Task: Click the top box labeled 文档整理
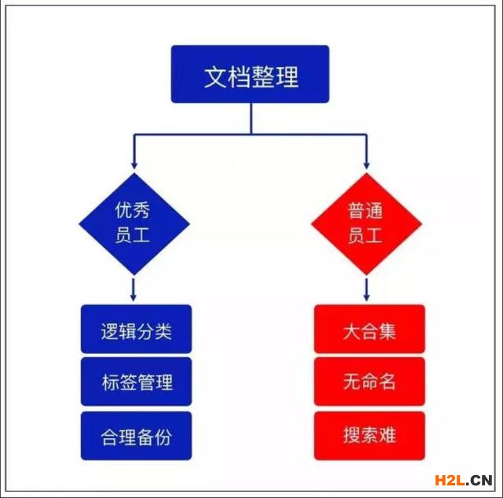click(x=250, y=74)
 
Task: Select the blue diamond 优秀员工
click(x=134, y=223)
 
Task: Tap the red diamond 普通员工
click(x=366, y=223)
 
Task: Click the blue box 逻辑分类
click(x=136, y=329)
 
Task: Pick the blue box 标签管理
click(x=136, y=382)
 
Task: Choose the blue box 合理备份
click(x=136, y=436)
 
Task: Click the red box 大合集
click(x=369, y=329)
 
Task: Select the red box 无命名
click(x=369, y=382)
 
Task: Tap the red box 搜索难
click(x=369, y=436)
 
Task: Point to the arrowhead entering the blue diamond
click(x=134, y=166)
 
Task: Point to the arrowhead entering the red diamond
click(x=366, y=166)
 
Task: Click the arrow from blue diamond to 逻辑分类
click(x=134, y=290)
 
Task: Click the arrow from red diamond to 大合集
click(x=366, y=290)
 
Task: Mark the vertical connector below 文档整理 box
click(x=251, y=119)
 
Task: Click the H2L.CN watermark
click(x=464, y=481)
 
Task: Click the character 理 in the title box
click(x=287, y=77)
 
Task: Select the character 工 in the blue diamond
click(x=141, y=235)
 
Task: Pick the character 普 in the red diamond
click(x=356, y=211)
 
